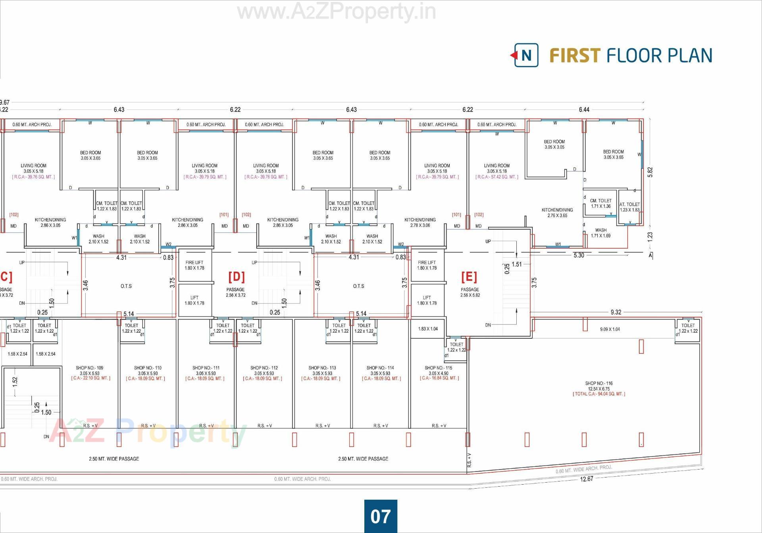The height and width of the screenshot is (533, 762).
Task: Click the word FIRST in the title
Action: tap(575, 56)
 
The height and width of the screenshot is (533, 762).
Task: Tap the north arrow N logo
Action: tap(526, 55)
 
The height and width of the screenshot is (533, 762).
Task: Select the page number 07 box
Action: tap(380, 516)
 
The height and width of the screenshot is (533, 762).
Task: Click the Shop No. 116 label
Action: tap(598, 383)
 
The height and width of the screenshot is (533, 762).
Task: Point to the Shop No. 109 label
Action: tap(89, 368)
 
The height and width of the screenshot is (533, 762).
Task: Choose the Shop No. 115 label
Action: tap(438, 368)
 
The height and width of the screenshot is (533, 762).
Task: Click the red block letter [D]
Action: tap(236, 276)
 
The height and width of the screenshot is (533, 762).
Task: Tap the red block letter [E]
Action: tap(469, 276)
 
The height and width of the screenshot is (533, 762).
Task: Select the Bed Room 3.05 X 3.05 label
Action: tap(554, 144)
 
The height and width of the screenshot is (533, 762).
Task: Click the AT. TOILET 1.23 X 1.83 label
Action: tap(629, 207)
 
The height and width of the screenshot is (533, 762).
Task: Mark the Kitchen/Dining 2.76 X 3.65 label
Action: tap(557, 213)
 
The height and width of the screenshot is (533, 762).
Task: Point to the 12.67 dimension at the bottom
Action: tap(586, 479)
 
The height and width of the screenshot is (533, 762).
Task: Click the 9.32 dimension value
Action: tap(616, 313)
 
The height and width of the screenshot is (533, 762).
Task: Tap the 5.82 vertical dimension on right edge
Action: tap(650, 172)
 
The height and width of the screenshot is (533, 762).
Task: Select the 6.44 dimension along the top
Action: tap(584, 110)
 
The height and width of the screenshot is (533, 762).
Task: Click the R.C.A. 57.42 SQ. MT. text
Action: tap(496, 177)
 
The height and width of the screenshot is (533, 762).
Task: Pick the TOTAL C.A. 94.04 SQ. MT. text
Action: tap(598, 394)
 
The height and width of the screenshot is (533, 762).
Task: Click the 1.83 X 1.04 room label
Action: tap(428, 329)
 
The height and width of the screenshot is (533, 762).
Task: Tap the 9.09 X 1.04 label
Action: tap(610, 329)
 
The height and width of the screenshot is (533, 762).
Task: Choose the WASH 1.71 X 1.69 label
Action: tap(600, 233)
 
